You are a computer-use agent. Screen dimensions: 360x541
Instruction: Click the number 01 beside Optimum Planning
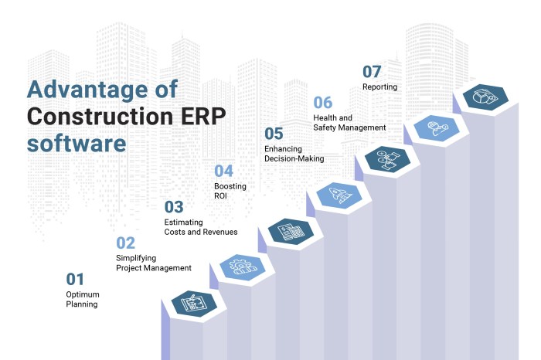pos(75,280)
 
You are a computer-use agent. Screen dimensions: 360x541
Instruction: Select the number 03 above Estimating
pos(174,207)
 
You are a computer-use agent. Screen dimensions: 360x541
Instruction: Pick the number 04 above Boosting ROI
pos(223,172)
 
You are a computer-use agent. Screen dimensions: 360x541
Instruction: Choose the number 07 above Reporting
pos(373,72)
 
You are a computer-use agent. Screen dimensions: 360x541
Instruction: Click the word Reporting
pos(379,87)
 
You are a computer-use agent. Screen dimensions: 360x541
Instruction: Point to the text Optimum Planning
pos(82,299)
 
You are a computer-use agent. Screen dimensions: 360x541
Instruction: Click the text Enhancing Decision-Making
pos(294,153)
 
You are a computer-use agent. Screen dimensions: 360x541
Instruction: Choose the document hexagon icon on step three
pos(290,231)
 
